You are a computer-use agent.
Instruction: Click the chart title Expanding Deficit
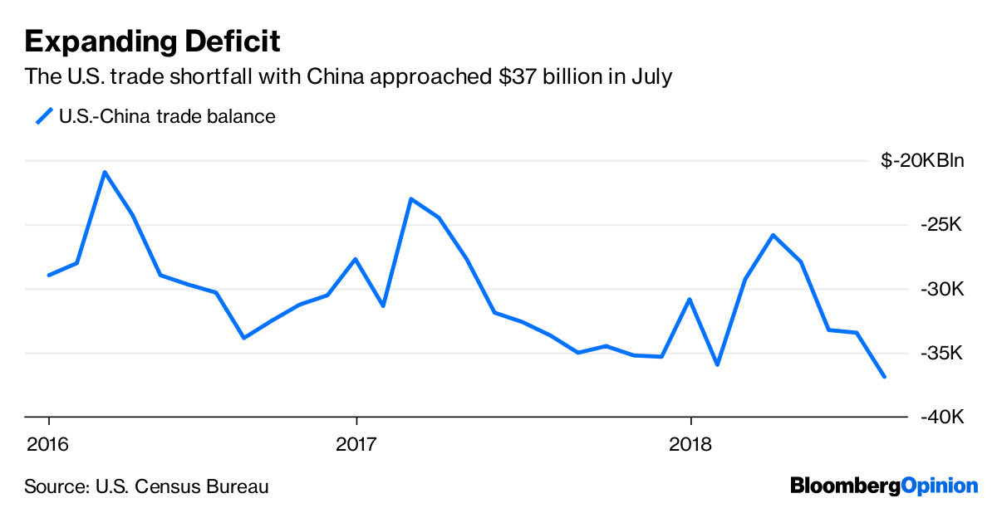click(x=152, y=41)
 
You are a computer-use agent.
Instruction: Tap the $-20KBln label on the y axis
click(x=922, y=160)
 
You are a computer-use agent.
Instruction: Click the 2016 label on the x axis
click(x=48, y=444)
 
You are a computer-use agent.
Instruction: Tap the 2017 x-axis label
click(x=356, y=444)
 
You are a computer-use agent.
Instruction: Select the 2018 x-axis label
click(x=690, y=444)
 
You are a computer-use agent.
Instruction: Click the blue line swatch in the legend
click(x=43, y=116)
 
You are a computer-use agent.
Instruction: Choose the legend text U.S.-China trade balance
click(x=167, y=116)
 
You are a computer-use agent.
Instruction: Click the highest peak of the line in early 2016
click(x=104, y=172)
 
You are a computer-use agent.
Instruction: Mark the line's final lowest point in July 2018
click(x=884, y=377)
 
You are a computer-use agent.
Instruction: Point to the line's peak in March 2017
click(x=411, y=199)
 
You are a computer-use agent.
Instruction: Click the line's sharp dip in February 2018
click(x=717, y=364)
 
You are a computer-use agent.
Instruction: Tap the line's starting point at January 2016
click(x=49, y=275)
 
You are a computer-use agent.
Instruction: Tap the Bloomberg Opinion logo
click(x=883, y=485)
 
